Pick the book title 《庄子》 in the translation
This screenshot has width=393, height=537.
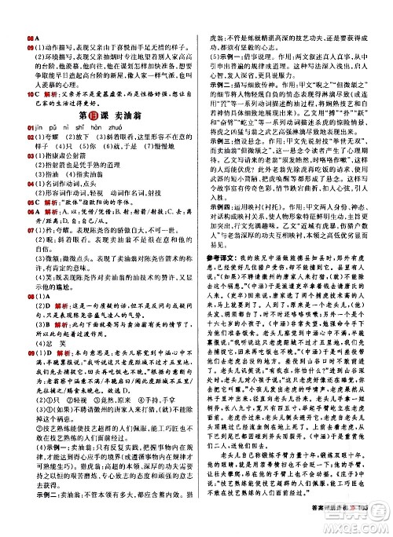tap(345, 482)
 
